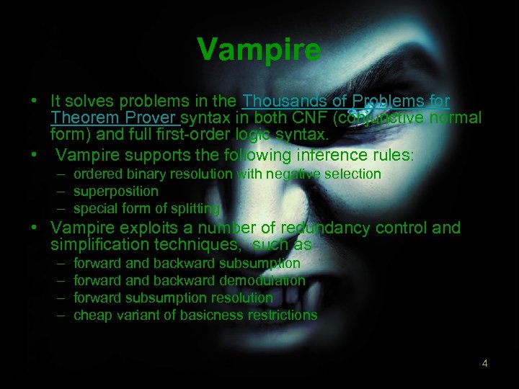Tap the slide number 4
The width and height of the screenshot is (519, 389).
point(485,363)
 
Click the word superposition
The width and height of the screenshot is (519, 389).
point(115,191)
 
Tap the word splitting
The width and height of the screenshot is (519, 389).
point(195,209)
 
